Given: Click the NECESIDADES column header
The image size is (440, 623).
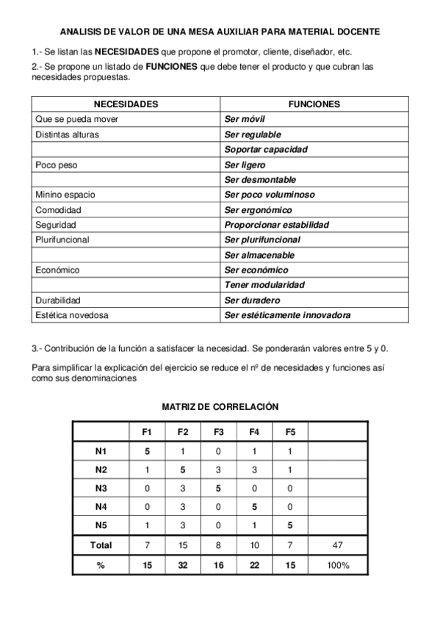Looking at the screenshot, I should [126, 104].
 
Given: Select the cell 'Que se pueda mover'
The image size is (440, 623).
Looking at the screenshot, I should [77, 119].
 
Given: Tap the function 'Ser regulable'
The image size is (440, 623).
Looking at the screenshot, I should [253, 134].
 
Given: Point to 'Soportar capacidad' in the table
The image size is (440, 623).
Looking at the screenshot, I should [266, 149].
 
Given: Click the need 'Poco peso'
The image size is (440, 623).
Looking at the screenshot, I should [56, 165].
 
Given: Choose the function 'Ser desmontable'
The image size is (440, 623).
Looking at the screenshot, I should [260, 179].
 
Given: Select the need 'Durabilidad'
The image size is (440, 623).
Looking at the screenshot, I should [58, 300].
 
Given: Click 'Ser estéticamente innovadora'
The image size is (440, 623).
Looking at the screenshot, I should [286, 315].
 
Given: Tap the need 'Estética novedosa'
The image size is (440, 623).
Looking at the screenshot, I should [71, 315].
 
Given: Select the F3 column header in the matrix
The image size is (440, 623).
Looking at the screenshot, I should [219, 431].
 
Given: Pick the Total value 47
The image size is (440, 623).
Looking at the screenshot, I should [339, 545].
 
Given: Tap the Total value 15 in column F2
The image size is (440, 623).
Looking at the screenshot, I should [183, 545].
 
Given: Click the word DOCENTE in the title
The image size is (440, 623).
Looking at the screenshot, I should [355, 32].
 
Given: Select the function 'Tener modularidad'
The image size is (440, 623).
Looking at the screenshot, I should [264, 285].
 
